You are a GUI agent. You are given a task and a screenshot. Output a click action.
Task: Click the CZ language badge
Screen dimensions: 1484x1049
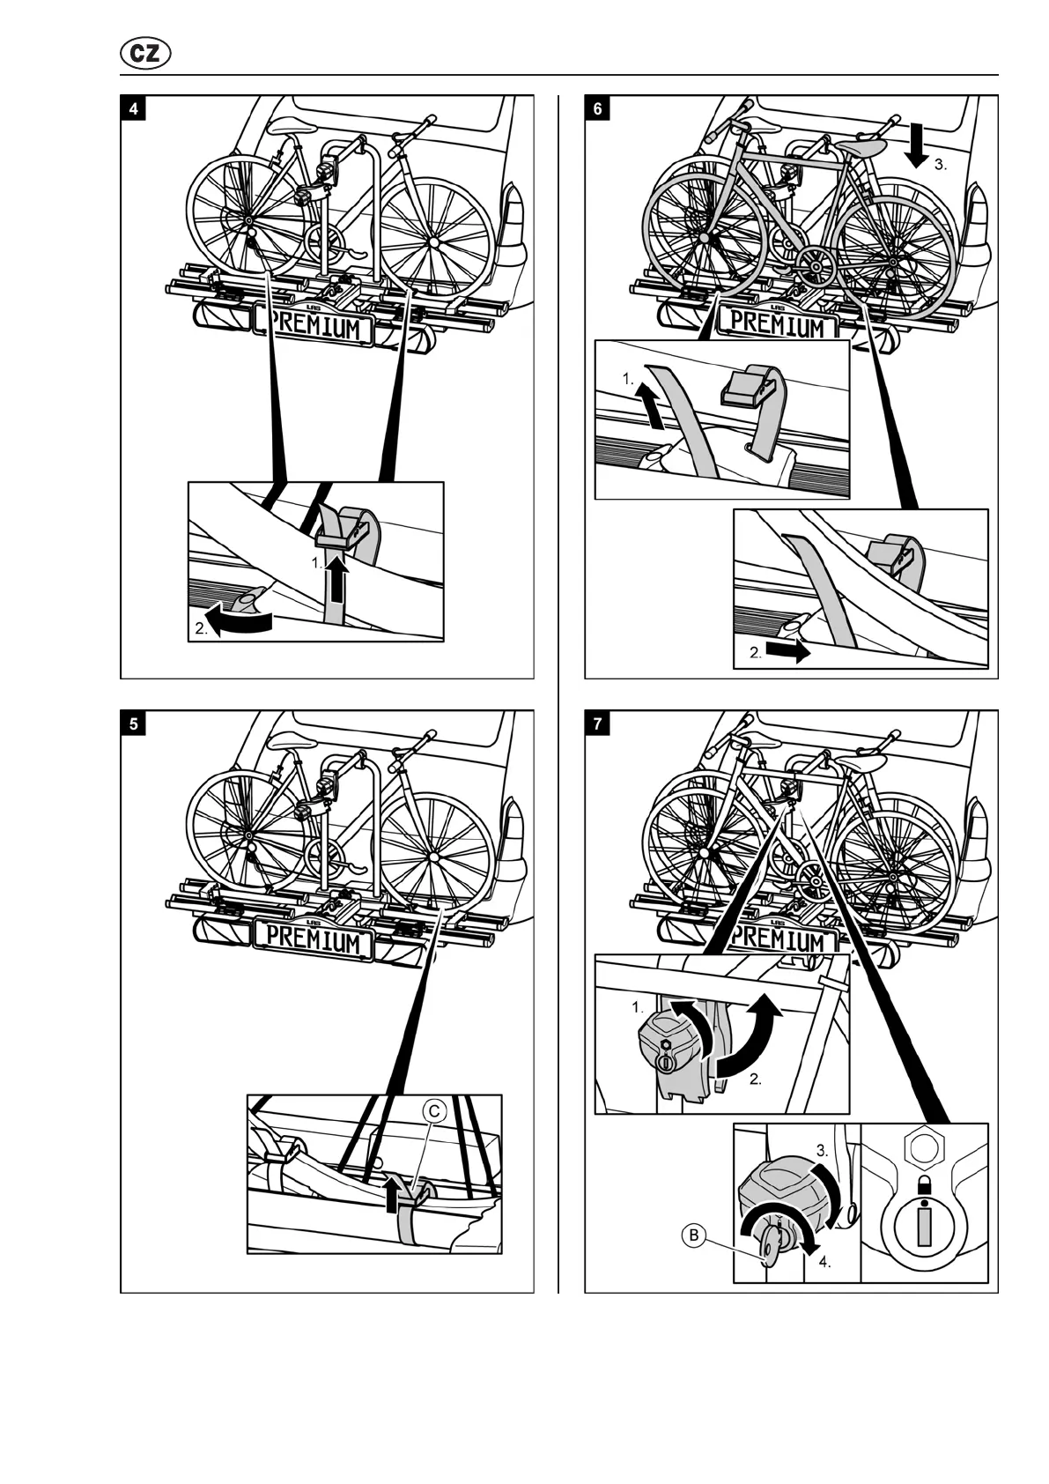tap(144, 54)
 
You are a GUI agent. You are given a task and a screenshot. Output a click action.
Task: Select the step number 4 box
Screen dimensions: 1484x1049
tap(133, 109)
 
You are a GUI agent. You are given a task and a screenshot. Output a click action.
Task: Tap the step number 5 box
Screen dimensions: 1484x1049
tap(133, 724)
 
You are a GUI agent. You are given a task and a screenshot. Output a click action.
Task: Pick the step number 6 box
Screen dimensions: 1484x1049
tap(598, 109)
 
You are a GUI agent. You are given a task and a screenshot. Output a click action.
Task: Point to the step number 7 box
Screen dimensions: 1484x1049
tap(598, 724)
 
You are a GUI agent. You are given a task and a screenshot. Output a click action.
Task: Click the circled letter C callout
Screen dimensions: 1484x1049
tap(433, 1111)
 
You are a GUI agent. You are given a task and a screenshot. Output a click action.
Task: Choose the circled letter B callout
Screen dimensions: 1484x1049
tap(694, 1235)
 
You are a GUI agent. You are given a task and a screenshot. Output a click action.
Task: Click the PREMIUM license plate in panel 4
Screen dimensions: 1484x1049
tap(314, 326)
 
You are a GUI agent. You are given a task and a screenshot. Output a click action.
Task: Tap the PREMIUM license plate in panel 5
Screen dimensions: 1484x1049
tap(314, 939)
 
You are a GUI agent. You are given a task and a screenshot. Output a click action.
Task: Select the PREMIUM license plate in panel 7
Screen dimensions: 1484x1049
tap(778, 938)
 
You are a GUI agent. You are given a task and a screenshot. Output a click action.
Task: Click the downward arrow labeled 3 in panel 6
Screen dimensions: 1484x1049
tap(917, 145)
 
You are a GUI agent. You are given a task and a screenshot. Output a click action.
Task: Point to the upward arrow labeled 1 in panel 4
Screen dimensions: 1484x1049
tap(336, 582)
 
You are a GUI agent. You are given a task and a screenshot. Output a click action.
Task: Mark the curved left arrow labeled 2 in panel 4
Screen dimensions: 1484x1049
tap(236, 622)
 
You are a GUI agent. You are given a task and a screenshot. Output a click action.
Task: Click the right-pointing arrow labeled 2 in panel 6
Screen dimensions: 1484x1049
tap(786, 652)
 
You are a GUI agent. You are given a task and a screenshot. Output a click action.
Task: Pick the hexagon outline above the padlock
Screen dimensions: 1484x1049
tap(924, 1148)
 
